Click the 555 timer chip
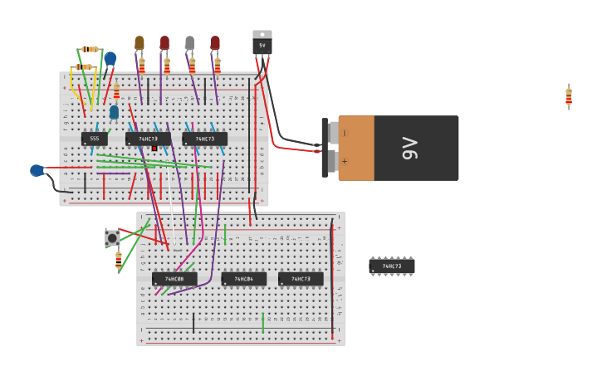(x=95, y=139)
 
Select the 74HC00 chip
(x=174, y=279)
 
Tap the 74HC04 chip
(x=244, y=279)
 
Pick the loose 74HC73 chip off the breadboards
(x=391, y=266)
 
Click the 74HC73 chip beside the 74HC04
(x=301, y=279)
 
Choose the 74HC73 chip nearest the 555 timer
(x=148, y=139)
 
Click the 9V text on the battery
(x=409, y=148)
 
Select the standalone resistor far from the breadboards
(x=569, y=97)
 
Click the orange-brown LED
(x=139, y=42)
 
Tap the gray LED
(x=190, y=42)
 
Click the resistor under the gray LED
(x=192, y=65)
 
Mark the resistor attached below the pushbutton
(x=119, y=259)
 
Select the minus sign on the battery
(x=345, y=133)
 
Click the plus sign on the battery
(x=345, y=161)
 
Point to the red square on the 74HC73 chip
(x=154, y=149)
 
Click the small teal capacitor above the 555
(x=114, y=111)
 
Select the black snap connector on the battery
(x=325, y=148)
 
